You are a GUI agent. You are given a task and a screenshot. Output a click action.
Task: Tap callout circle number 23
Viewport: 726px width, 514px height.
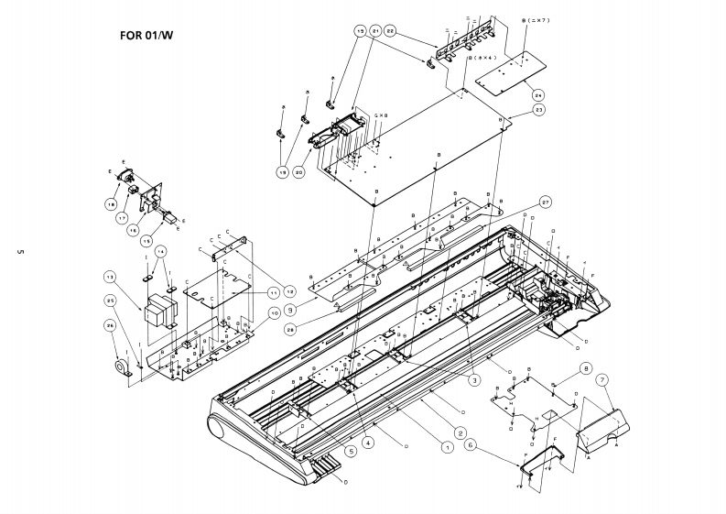click(x=539, y=109)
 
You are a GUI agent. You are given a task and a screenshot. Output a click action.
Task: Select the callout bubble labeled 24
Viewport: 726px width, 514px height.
click(x=538, y=93)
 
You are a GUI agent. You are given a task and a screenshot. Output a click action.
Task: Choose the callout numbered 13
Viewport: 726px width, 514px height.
click(x=109, y=277)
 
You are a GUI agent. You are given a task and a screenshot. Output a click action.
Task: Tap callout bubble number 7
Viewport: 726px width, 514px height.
click(x=601, y=379)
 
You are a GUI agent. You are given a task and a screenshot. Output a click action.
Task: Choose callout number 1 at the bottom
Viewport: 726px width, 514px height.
click(x=447, y=447)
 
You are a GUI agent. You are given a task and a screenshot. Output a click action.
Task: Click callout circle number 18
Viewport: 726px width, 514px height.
click(x=111, y=204)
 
